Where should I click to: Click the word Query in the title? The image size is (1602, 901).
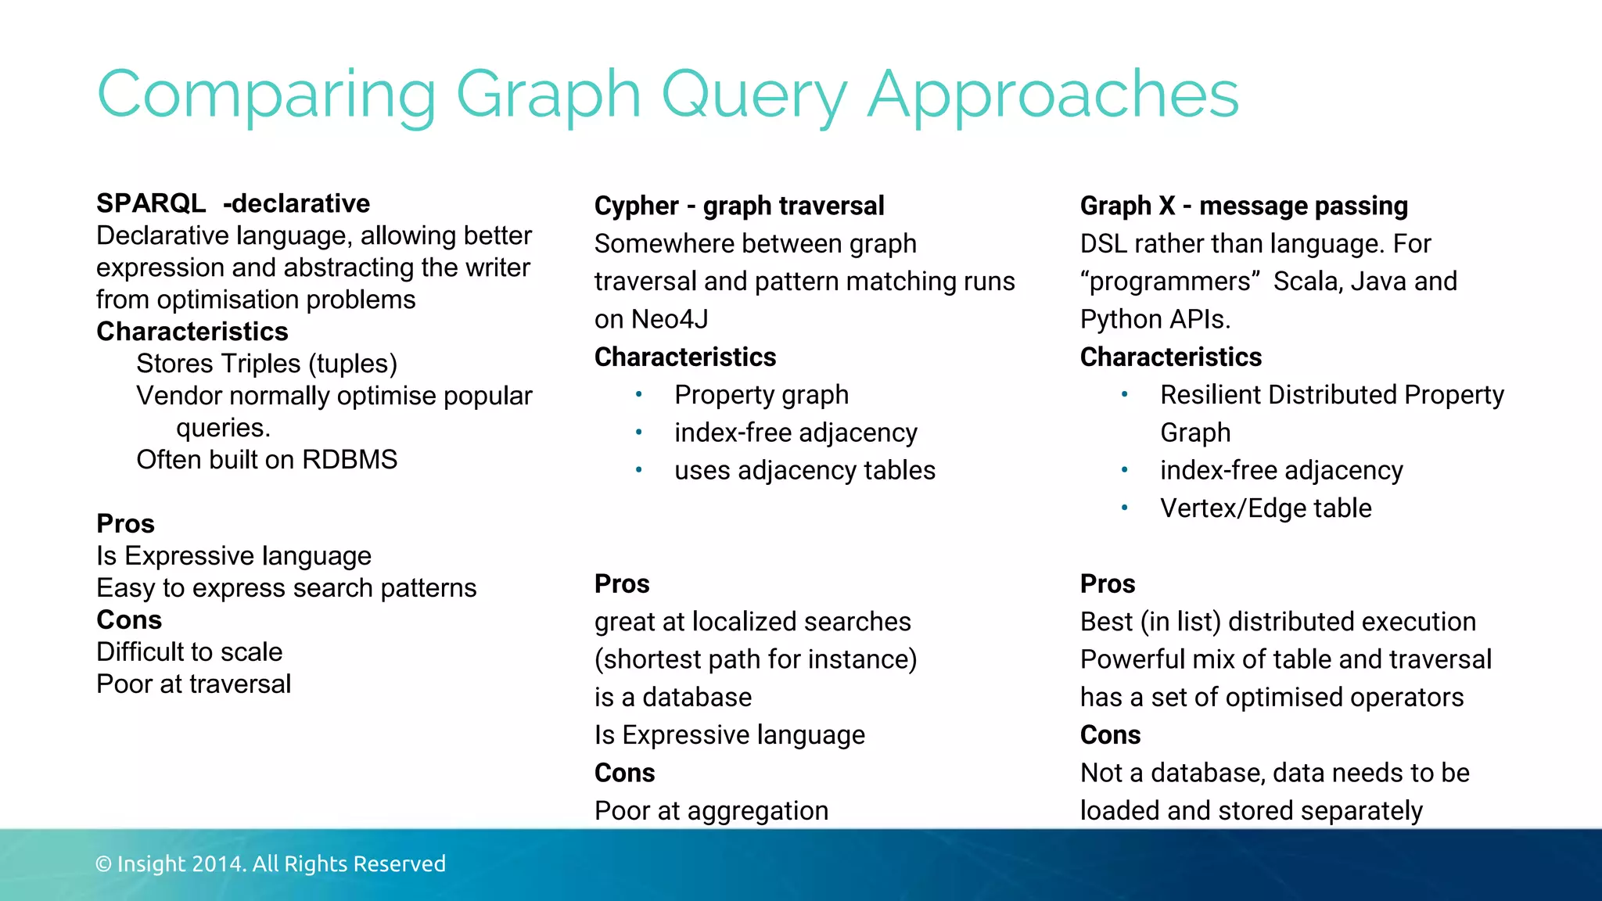click(x=753, y=95)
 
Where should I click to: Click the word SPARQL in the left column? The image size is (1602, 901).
click(x=151, y=203)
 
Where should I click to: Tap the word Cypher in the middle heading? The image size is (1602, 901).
click(x=636, y=206)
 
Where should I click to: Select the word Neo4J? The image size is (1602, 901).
click(x=670, y=319)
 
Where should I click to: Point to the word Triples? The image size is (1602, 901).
click(x=256, y=364)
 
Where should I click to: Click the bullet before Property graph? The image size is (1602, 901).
click(x=639, y=394)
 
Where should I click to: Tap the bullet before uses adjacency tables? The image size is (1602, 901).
click(x=639, y=470)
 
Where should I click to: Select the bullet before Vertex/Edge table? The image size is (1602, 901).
click(x=1124, y=508)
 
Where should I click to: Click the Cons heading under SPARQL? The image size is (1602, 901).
click(x=129, y=620)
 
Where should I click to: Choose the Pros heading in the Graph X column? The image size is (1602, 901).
click(x=1108, y=583)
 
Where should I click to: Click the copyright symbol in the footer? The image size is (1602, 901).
click(x=103, y=864)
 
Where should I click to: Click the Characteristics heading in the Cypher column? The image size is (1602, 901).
click(x=685, y=357)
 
